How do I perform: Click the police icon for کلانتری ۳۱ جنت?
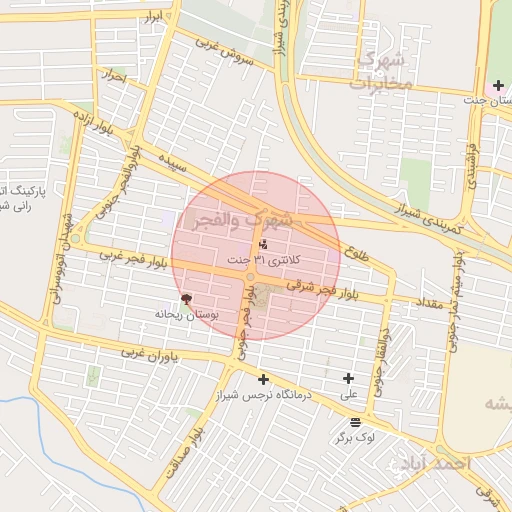tap(263, 244)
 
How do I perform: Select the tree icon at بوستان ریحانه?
tap(185, 299)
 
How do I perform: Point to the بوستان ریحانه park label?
tap(184, 314)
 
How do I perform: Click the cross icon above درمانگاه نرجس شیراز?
tap(263, 379)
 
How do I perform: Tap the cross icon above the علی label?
tap(348, 378)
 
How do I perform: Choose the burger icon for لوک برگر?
tap(356, 421)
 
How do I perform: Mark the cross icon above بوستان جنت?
tap(498, 85)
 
